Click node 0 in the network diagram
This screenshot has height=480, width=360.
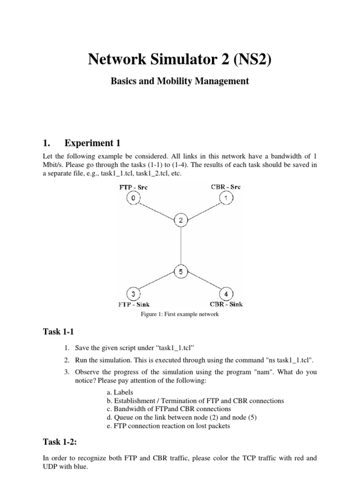click(134, 198)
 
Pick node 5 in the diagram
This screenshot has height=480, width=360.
click(180, 271)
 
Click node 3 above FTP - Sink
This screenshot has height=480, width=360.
click(134, 294)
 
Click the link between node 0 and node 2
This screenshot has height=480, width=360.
click(157, 210)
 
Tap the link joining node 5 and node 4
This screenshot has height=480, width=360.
click(203, 283)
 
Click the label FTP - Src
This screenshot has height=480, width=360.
click(134, 187)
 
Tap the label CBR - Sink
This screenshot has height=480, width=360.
click(226, 305)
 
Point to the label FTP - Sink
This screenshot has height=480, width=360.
click(134, 305)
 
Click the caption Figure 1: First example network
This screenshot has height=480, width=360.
click(180, 315)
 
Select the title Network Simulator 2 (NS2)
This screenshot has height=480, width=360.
click(180, 60)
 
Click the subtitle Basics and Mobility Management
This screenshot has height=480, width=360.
click(180, 81)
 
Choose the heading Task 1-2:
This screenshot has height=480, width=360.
click(59, 442)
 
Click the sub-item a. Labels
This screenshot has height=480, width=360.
click(121, 392)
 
